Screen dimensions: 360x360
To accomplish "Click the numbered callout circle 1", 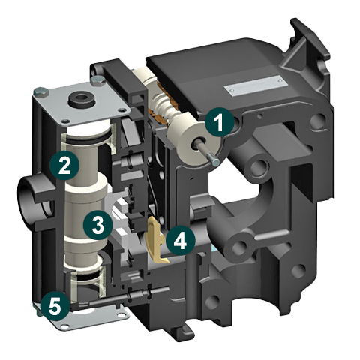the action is (x=220, y=121).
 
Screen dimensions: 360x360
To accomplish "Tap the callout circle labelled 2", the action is (x=64, y=165).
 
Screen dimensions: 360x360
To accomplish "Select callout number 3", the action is (x=97, y=225).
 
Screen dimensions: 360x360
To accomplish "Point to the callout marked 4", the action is (x=180, y=241).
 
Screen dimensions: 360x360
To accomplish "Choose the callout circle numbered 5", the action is (x=55, y=306).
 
